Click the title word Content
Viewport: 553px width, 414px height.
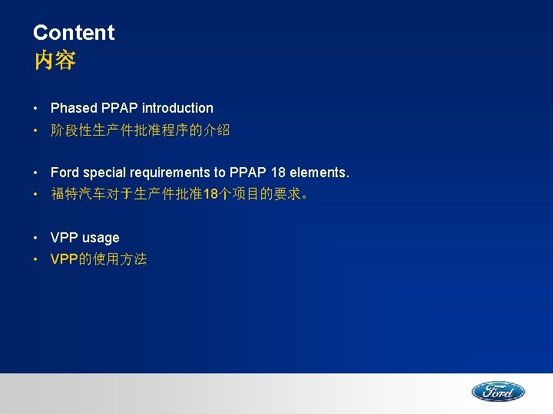point(73,33)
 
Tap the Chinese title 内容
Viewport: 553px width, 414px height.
point(55,61)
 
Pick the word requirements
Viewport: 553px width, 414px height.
point(174,173)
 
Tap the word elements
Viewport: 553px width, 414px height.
point(319,173)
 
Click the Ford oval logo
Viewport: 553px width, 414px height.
point(498,392)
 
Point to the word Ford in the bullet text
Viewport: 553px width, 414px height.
point(65,173)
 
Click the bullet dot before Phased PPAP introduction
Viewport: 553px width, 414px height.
point(37,108)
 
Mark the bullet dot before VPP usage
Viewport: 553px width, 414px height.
point(37,238)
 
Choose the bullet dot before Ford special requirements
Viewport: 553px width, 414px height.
point(37,173)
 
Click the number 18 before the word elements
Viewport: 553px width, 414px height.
point(278,173)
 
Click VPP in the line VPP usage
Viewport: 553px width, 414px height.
point(65,238)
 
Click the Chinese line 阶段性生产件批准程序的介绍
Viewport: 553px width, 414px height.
point(140,130)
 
